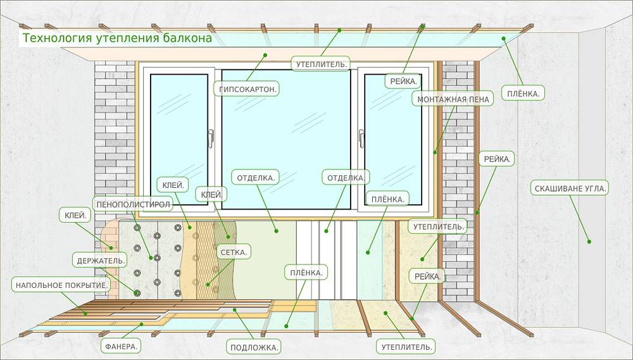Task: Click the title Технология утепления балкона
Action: tap(118, 38)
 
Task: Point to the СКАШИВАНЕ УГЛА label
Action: tap(569, 188)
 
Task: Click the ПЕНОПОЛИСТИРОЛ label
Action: tap(132, 204)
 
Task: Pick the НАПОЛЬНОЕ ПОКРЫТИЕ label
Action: tap(61, 285)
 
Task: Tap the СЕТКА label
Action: tap(233, 252)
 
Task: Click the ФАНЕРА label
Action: tap(120, 346)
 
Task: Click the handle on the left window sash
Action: tap(211, 138)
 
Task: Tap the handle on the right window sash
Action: tap(361, 138)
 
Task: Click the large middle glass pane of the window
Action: tap(285, 139)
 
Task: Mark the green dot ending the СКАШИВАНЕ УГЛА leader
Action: tap(589, 241)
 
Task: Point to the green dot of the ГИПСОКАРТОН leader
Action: tap(266, 55)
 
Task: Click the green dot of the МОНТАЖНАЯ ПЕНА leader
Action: tap(435, 151)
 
